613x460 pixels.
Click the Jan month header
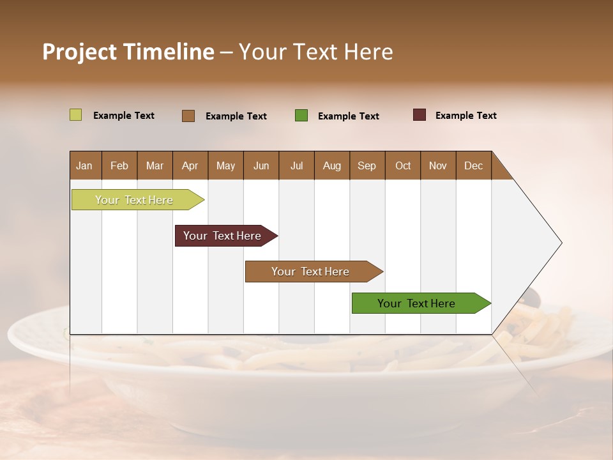pos(85,165)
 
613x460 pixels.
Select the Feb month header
pos(119,165)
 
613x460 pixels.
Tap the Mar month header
pos(155,165)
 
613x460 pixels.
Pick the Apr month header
pos(190,165)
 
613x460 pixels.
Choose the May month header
pos(225,165)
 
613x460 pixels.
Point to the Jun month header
pos(261,165)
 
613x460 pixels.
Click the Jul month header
pos(296,165)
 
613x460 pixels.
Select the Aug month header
pos(332,165)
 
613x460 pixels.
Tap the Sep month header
pos(367,165)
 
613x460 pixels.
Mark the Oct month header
pos(403,165)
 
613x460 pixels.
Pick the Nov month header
pos(438,165)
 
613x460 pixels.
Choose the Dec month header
pos(474,165)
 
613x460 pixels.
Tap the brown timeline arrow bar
pos(311,272)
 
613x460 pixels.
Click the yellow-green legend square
pos(75,115)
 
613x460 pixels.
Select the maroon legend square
pos(419,115)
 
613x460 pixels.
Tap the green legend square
pos(301,116)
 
